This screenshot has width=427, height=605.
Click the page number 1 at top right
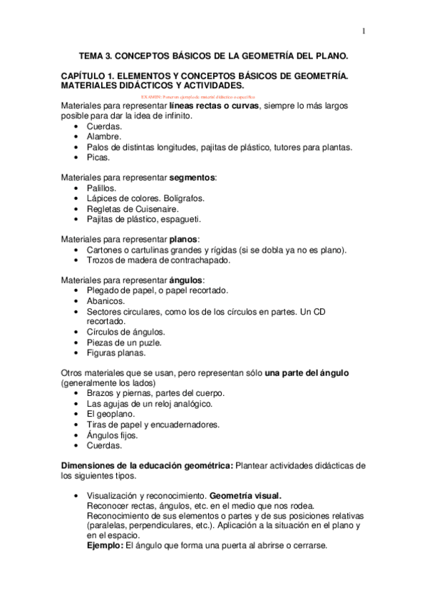(364, 31)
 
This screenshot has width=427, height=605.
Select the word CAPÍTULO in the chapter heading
(85, 75)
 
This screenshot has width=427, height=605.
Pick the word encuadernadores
(183, 424)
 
